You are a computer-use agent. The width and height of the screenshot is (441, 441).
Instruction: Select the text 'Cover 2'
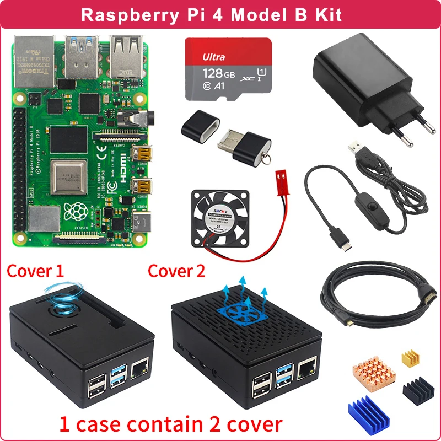coord(176,271)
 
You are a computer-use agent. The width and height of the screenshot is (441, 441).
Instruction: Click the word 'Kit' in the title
coord(327,14)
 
